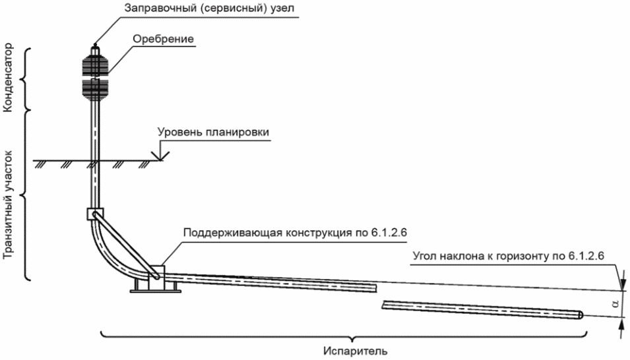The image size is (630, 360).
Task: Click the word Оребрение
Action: (x=164, y=39)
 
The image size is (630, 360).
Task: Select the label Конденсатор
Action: (x=8, y=78)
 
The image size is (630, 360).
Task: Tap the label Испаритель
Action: (x=356, y=351)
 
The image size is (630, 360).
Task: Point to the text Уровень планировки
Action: (x=213, y=132)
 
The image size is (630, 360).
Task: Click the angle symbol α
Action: (x=615, y=304)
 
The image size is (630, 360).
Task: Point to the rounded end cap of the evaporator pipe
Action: (x=581, y=315)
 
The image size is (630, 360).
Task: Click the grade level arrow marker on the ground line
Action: (x=160, y=156)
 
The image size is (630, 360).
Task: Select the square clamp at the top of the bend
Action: (x=95, y=214)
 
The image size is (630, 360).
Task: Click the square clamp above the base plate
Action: (x=156, y=277)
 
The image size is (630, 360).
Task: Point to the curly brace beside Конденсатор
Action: (x=25, y=78)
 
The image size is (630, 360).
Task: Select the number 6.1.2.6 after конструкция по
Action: (x=387, y=233)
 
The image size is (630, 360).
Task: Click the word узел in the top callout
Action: (x=282, y=9)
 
